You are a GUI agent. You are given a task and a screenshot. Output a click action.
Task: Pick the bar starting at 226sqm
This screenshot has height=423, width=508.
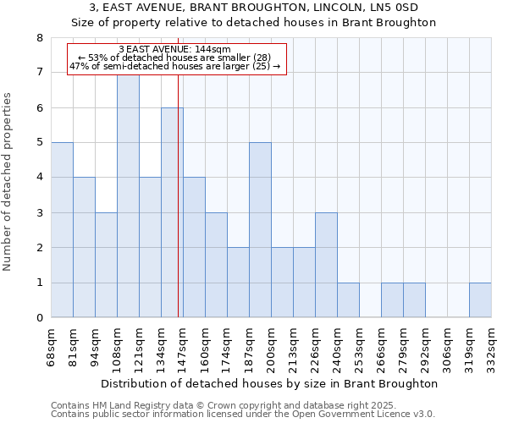(x=326, y=265)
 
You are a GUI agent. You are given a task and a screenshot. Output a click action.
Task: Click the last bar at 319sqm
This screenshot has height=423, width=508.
(x=480, y=300)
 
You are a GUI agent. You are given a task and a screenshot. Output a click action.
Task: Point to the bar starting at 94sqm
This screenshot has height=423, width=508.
(x=106, y=265)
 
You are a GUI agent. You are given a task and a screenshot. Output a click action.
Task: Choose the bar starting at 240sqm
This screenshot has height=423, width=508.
(x=348, y=300)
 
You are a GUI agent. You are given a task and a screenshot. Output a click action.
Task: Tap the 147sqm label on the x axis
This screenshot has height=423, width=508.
(x=183, y=347)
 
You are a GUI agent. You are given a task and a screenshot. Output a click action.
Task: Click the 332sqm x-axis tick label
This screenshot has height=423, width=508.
(x=491, y=347)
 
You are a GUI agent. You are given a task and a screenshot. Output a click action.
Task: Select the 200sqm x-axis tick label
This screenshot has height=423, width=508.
(x=271, y=347)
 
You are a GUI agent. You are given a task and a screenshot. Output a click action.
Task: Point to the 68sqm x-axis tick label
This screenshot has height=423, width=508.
(x=51, y=347)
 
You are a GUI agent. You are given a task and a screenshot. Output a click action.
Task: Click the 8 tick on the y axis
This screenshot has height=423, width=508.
(x=39, y=38)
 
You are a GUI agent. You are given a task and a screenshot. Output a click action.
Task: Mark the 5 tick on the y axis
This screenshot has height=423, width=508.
(x=39, y=143)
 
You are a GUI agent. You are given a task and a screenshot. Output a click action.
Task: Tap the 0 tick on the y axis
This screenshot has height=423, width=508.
(x=39, y=318)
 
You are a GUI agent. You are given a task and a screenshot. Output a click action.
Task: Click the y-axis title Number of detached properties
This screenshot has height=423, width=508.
(x=8, y=182)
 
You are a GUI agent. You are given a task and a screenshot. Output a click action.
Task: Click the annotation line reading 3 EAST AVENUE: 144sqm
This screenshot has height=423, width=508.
(x=175, y=50)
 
